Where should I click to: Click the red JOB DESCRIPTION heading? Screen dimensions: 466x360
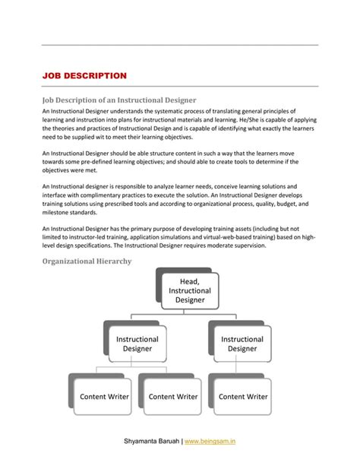coord(84,76)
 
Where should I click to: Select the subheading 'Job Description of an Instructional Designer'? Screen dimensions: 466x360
coord(119,100)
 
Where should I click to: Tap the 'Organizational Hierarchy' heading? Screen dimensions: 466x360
coord(87,261)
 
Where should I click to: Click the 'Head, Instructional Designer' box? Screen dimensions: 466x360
coord(190,290)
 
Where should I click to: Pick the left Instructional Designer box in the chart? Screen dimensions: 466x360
coord(137,344)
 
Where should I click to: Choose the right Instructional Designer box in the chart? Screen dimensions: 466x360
coord(242,344)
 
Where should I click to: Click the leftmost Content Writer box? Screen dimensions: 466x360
coord(104,396)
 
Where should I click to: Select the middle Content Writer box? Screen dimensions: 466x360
coord(172,396)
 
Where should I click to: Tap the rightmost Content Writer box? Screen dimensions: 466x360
coord(243,396)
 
